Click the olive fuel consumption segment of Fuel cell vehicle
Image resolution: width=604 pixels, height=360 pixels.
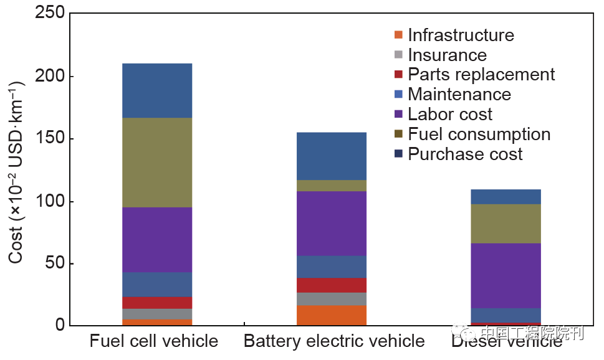(x=157, y=163)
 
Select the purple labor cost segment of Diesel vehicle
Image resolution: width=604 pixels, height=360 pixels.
(x=506, y=275)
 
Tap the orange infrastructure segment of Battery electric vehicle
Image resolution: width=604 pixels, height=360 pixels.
(x=332, y=315)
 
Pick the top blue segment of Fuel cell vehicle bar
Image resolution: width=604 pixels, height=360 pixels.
(x=157, y=90)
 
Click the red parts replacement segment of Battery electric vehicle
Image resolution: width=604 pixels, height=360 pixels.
(x=332, y=285)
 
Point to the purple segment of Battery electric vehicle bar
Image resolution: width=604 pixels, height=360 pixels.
(x=332, y=223)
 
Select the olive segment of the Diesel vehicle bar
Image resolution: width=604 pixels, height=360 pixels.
(x=506, y=223)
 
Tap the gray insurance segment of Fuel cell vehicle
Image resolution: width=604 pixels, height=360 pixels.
(x=157, y=314)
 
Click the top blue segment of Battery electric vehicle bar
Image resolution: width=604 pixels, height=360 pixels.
(x=332, y=156)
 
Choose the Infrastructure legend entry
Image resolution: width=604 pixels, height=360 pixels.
(x=461, y=35)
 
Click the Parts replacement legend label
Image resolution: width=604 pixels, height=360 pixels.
(x=481, y=75)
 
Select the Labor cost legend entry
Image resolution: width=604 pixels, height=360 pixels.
(x=449, y=115)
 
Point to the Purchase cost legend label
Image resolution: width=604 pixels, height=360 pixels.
(x=465, y=154)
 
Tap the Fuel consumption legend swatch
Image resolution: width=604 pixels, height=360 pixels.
(x=399, y=135)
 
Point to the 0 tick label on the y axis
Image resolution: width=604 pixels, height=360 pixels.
(x=59, y=325)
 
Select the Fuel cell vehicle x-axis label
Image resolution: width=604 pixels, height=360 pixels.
(x=154, y=341)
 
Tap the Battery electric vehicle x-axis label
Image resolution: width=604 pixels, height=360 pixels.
(x=334, y=341)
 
